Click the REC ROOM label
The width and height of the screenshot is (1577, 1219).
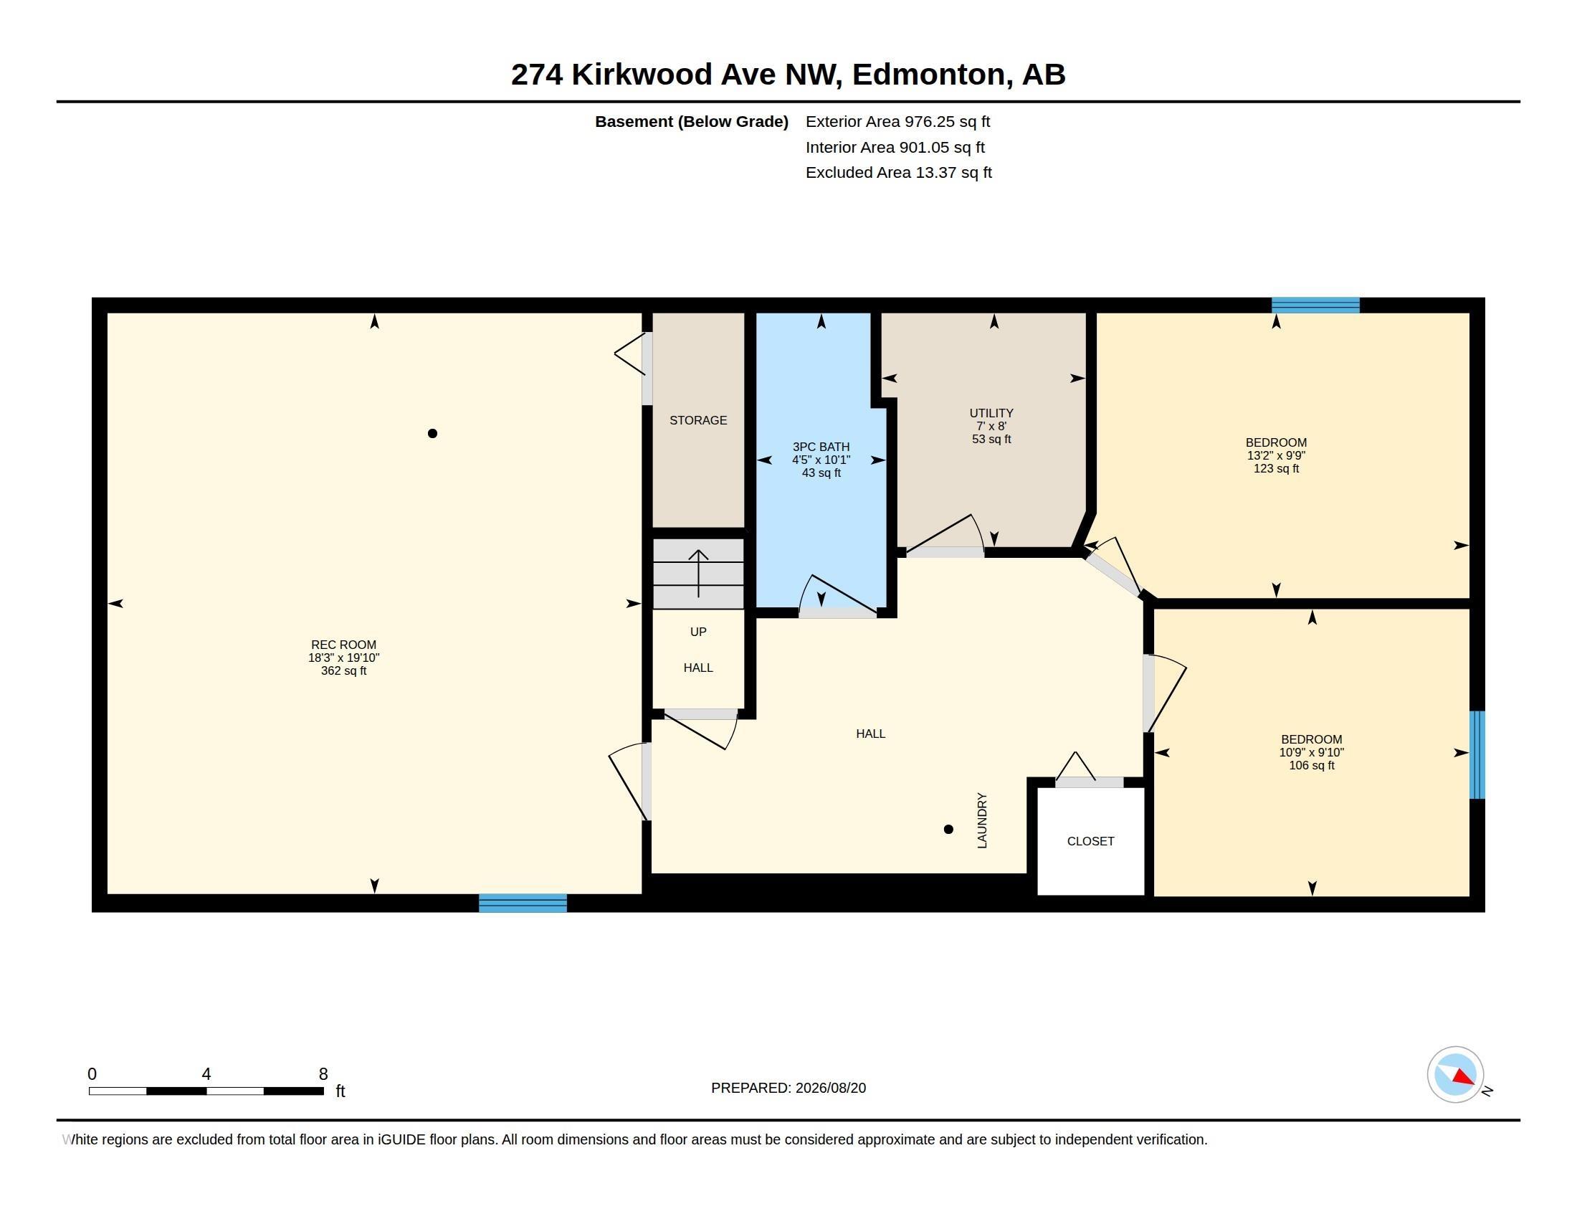(343, 645)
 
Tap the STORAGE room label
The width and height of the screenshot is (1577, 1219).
(698, 420)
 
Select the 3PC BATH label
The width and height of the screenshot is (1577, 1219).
(821, 447)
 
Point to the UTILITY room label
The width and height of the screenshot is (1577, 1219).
(991, 413)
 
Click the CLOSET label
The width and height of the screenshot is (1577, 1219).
(1090, 841)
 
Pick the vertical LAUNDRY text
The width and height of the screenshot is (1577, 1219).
(982, 820)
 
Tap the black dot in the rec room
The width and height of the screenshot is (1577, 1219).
(432, 433)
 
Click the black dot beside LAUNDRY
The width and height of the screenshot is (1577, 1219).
(949, 829)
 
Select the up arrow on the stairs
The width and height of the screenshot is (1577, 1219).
(698, 574)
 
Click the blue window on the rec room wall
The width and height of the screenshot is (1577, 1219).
(523, 903)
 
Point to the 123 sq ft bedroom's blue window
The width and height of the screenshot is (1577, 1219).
(1315, 305)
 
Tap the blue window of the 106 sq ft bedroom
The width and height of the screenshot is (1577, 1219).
(1477, 754)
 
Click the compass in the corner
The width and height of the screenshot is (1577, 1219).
(1455, 1075)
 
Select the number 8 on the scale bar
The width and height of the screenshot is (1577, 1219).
(323, 1074)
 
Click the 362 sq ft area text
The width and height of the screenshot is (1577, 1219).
(343, 671)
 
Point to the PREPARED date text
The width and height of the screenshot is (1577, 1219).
(788, 1088)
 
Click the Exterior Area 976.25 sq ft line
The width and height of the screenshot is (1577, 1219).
(897, 122)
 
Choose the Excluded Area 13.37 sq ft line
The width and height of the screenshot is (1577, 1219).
(899, 173)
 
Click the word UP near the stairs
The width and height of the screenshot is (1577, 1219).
(698, 632)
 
